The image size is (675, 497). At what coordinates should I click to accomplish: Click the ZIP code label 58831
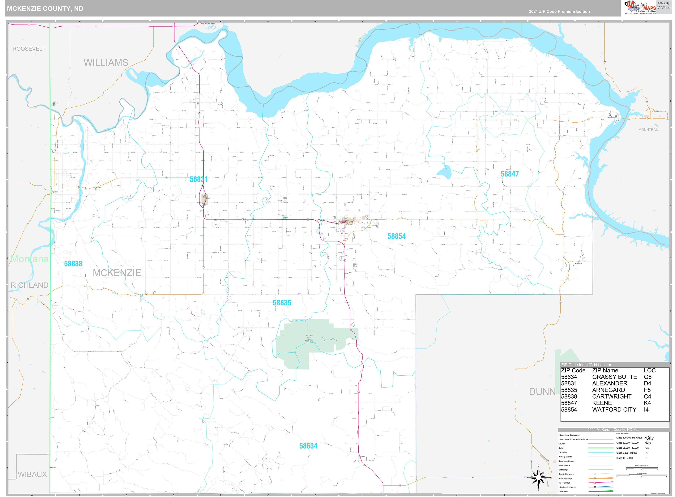(x=199, y=179)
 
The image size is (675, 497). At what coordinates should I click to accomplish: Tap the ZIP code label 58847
(x=509, y=174)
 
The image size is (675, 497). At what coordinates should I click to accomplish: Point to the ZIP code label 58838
(x=73, y=264)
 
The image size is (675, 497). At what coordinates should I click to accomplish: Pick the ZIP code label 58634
(x=308, y=446)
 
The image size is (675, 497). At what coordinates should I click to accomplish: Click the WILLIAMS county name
(x=106, y=62)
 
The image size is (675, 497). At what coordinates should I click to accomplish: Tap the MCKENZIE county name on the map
(x=117, y=273)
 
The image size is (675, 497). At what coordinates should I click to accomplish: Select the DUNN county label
(x=542, y=392)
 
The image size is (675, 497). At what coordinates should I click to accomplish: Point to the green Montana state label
(x=29, y=259)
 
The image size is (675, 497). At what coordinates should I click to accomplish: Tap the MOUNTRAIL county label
(x=648, y=130)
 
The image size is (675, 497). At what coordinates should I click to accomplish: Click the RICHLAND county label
(x=29, y=285)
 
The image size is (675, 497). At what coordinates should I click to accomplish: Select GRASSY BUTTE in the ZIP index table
(x=614, y=377)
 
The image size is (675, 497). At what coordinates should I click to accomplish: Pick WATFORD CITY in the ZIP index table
(x=614, y=409)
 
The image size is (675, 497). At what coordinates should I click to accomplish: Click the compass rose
(x=538, y=478)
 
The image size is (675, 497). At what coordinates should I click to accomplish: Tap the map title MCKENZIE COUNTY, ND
(x=45, y=8)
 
